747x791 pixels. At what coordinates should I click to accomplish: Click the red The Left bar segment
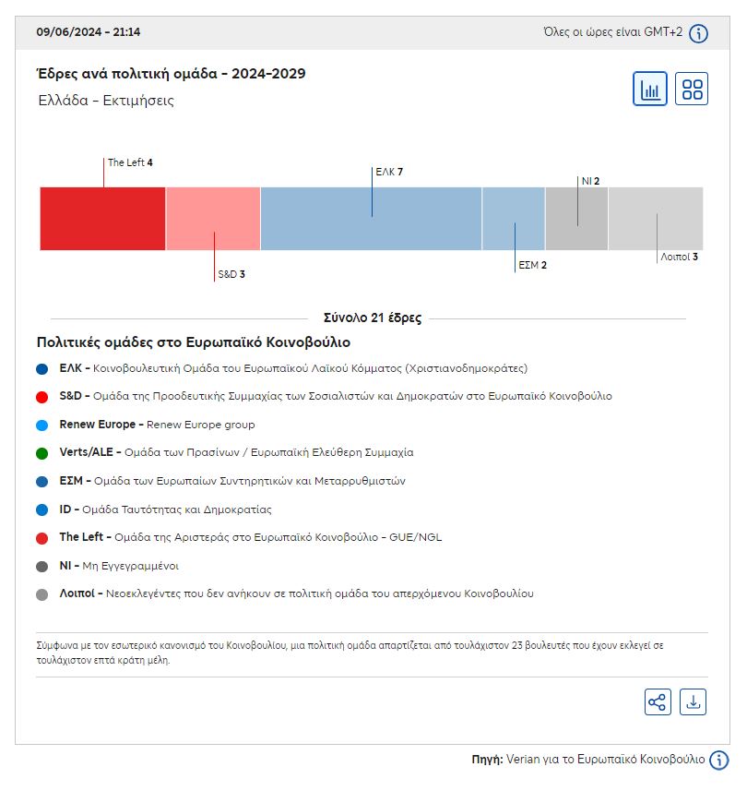pyautogui.click(x=102, y=219)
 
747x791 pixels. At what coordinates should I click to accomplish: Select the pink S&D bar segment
pyautogui.click(x=213, y=219)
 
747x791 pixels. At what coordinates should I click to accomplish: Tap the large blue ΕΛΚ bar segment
pyautogui.click(x=371, y=219)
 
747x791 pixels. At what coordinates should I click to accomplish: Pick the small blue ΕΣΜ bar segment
pyautogui.click(x=514, y=219)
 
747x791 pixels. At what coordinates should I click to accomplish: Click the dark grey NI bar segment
pyautogui.click(x=576, y=219)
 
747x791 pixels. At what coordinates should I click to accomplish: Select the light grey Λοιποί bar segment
pyautogui.click(x=656, y=219)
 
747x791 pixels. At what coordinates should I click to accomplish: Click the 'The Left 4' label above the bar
pyautogui.click(x=130, y=162)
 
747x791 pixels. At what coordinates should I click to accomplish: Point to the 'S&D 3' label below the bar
pyautogui.click(x=231, y=274)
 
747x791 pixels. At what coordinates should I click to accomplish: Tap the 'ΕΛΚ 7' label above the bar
pyautogui.click(x=389, y=172)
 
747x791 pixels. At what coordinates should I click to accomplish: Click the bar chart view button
pyautogui.click(x=650, y=90)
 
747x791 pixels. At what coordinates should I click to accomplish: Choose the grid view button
pyautogui.click(x=692, y=90)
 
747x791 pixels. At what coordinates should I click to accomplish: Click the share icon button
pyautogui.click(x=658, y=702)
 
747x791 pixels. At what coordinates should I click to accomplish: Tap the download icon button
pyautogui.click(x=693, y=702)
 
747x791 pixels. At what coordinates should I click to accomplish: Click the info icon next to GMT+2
pyautogui.click(x=699, y=33)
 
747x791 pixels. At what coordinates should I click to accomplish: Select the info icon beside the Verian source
pyautogui.click(x=719, y=760)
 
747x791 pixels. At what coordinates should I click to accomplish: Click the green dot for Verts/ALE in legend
pyautogui.click(x=41, y=453)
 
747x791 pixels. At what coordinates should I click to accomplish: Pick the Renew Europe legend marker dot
pyautogui.click(x=41, y=425)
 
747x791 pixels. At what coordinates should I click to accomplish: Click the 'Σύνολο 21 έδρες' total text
pyautogui.click(x=373, y=318)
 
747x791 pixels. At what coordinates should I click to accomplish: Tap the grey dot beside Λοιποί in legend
pyautogui.click(x=41, y=594)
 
